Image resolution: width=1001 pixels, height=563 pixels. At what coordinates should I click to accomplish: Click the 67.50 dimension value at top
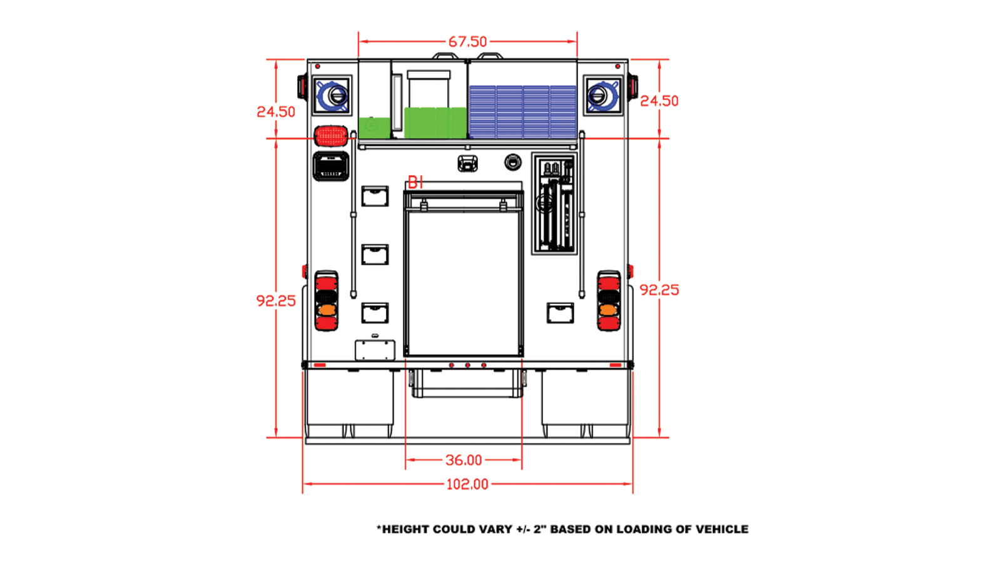tap(467, 42)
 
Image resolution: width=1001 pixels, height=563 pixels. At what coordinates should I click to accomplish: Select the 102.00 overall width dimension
tap(467, 484)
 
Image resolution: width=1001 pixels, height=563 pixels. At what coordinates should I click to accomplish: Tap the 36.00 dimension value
tap(464, 460)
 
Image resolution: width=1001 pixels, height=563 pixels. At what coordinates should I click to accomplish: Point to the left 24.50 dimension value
tap(276, 112)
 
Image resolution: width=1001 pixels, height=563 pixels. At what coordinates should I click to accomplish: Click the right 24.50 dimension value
tap(659, 101)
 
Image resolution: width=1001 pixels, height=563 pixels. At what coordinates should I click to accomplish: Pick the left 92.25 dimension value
tap(276, 301)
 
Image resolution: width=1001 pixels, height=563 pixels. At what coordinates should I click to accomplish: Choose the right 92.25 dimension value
tap(659, 290)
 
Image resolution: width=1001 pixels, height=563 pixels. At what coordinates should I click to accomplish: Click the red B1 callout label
tap(415, 183)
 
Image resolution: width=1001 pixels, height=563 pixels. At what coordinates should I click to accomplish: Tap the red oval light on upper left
tap(330, 135)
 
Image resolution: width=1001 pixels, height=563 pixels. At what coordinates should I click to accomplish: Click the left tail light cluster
tap(326, 300)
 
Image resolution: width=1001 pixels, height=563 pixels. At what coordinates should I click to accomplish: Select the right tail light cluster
tap(609, 300)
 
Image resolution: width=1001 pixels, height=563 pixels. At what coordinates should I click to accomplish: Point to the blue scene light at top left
tap(332, 96)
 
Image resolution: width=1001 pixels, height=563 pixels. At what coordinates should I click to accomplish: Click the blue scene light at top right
tap(603, 96)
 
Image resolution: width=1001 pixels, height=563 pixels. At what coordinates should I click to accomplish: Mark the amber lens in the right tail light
tap(608, 310)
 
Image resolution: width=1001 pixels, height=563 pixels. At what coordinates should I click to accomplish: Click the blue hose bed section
tap(522, 111)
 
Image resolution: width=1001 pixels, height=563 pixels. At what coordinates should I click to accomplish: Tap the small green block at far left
tap(374, 127)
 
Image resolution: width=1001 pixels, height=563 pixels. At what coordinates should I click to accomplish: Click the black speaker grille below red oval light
tap(330, 166)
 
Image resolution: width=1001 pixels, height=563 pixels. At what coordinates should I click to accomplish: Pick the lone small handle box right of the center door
tap(560, 313)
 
